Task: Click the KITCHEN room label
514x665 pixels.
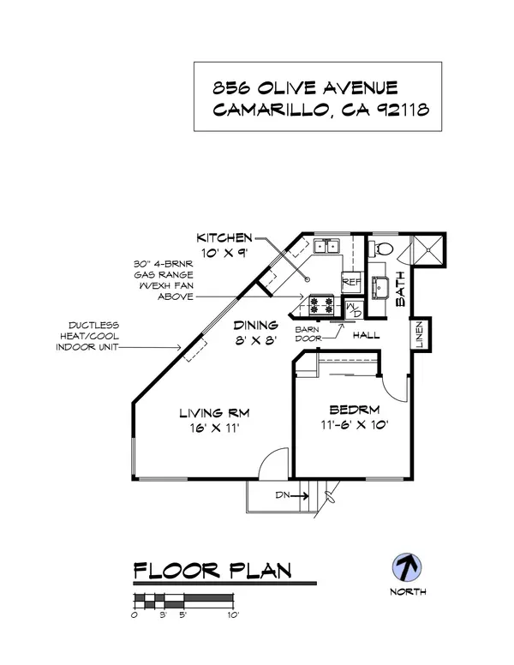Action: pyautogui.click(x=224, y=237)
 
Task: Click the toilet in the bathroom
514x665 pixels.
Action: pyautogui.click(x=383, y=249)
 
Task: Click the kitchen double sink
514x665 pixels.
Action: pyautogui.click(x=326, y=247)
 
